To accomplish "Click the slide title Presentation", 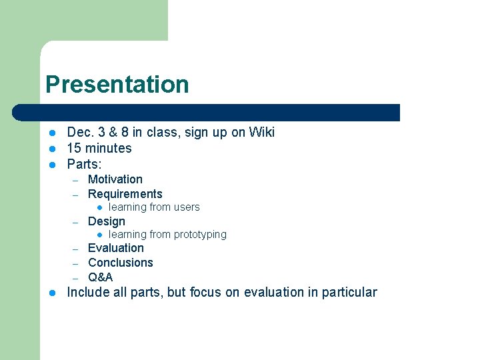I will [x=117, y=85].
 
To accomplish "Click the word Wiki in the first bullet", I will [x=261, y=132].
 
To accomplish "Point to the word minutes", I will [x=109, y=148].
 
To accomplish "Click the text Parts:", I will [x=84, y=164].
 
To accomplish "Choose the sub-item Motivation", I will [x=115, y=179].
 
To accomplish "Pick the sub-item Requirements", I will [x=125, y=194].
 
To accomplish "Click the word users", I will [x=187, y=207].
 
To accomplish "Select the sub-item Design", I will [x=106, y=221].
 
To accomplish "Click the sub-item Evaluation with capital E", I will [x=115, y=248].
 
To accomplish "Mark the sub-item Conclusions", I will [x=120, y=263].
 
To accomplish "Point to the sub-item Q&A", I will [x=100, y=277].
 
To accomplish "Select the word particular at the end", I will [x=351, y=293].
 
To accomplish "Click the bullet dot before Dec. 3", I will [x=53, y=133].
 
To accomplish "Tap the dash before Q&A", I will [x=77, y=278].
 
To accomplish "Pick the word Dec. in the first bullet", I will [x=79, y=132].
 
